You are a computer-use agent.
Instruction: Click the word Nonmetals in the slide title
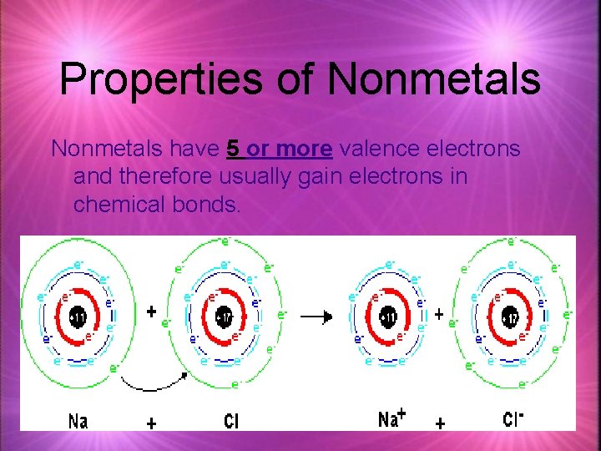(x=434, y=79)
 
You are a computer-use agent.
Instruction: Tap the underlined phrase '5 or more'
(x=280, y=149)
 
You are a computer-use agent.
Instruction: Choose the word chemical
(x=128, y=205)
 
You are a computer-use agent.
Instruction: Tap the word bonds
(x=212, y=205)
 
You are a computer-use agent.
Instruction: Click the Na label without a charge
(x=78, y=420)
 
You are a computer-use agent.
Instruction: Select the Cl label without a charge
(x=230, y=421)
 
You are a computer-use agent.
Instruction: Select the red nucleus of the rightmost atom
(x=511, y=318)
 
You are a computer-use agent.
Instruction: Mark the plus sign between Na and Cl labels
(x=151, y=423)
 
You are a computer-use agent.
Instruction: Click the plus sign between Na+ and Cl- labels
(x=440, y=423)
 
